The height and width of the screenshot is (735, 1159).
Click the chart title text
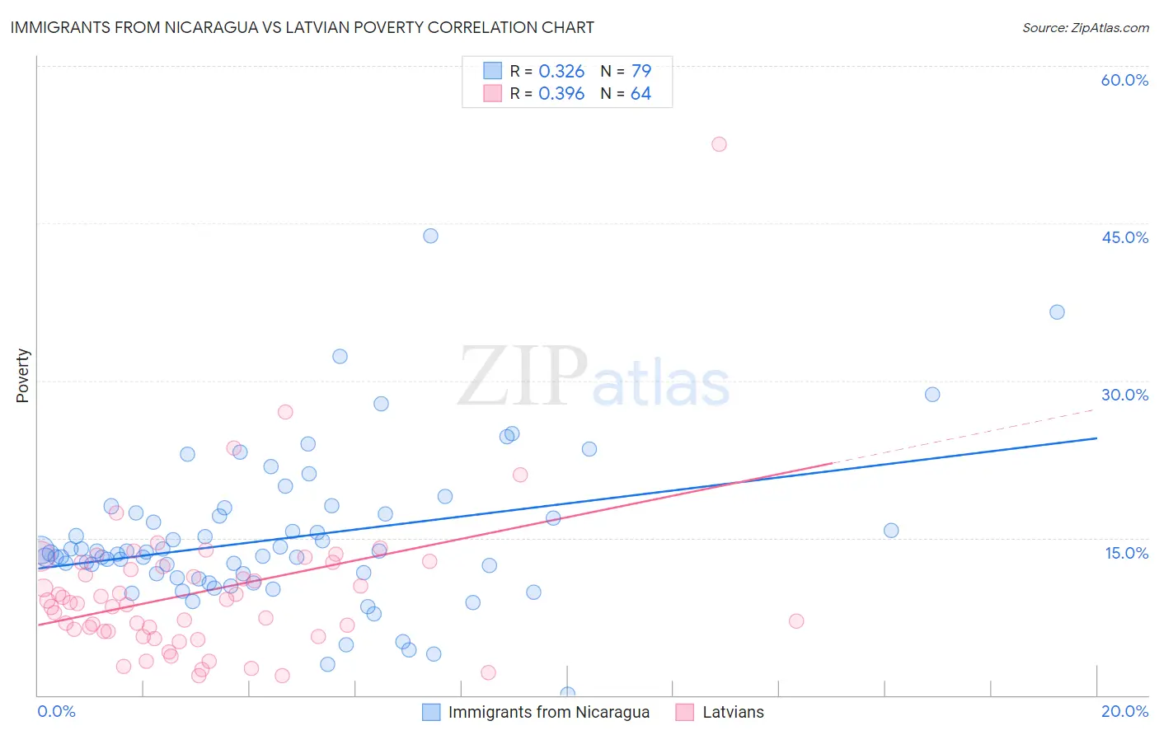point(302,27)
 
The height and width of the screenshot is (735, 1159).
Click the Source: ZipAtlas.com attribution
point(1085,27)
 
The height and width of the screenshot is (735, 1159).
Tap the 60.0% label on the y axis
point(1124,80)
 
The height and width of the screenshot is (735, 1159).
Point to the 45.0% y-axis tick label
point(1124,237)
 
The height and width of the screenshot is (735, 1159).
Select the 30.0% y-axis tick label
point(1124,395)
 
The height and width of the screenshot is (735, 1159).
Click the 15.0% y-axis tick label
point(1126,553)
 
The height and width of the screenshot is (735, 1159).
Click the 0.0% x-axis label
point(56,711)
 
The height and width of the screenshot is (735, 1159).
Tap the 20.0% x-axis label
point(1124,711)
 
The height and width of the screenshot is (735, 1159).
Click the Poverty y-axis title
point(22,376)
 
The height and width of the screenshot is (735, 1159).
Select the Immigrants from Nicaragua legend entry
point(548,712)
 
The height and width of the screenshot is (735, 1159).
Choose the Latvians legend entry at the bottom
point(733,712)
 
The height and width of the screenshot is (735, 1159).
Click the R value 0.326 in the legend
point(561,72)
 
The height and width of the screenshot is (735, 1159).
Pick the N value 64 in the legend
point(640,94)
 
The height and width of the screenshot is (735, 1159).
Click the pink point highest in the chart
point(719,144)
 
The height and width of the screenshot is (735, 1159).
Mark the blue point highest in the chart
point(430,236)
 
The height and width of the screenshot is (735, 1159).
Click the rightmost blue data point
point(1057,312)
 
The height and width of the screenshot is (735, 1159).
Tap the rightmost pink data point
point(795,621)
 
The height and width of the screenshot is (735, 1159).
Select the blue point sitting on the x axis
point(567,695)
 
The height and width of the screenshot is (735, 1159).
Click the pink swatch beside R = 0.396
point(492,93)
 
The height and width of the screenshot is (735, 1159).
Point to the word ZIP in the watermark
point(523,377)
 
